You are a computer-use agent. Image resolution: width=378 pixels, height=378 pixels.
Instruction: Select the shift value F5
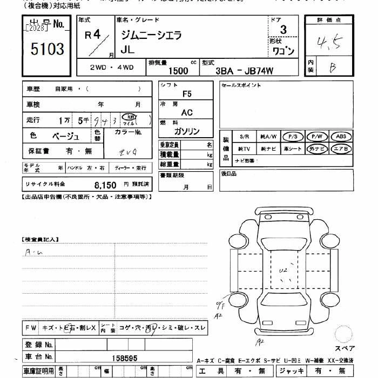click(x=187, y=93)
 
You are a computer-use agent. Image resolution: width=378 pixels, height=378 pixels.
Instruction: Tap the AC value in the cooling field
click(x=187, y=112)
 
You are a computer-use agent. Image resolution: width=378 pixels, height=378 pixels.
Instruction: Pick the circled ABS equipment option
click(x=341, y=137)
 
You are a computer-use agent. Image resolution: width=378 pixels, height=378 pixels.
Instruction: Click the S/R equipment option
click(x=244, y=137)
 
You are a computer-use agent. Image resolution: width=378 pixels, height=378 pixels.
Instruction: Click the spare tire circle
click(x=344, y=333)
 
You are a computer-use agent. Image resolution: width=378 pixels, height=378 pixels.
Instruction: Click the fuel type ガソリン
click(x=187, y=132)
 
